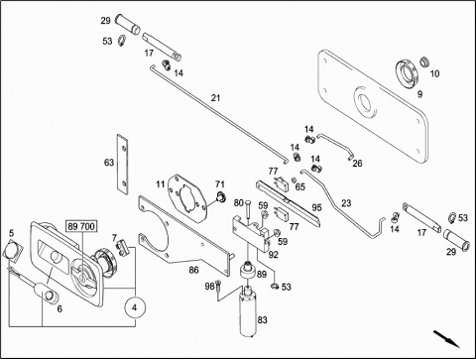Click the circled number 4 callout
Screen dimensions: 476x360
[x=134, y=307]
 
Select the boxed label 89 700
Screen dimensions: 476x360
[x=81, y=226]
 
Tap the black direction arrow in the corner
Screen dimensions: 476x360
[x=446, y=338]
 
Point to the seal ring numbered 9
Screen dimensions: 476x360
[x=408, y=74]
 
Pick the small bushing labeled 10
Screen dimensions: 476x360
[x=424, y=61]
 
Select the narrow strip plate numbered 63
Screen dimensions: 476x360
[x=122, y=165]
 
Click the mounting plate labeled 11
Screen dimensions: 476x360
[x=187, y=198]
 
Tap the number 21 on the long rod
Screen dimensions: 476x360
[x=215, y=98]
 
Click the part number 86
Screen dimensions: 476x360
[x=193, y=270]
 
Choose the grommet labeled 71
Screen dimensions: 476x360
[x=220, y=196]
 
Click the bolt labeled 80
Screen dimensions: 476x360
[x=248, y=210]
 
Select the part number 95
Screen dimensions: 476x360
[x=316, y=207]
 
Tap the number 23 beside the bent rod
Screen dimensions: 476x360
[x=346, y=203]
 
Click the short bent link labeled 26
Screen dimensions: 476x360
[x=334, y=146]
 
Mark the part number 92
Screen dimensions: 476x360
[x=273, y=255]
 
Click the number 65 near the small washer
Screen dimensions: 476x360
[x=299, y=187]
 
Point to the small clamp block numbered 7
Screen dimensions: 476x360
[x=122, y=248]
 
